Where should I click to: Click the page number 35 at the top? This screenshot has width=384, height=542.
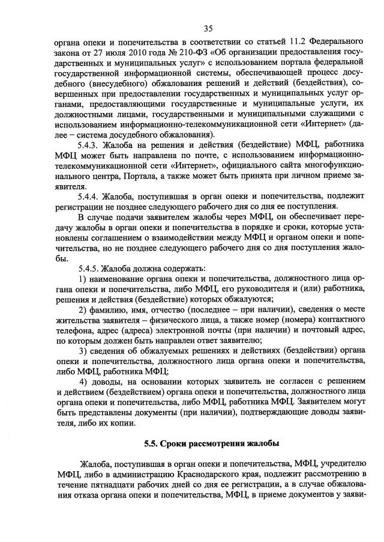(x=208, y=28)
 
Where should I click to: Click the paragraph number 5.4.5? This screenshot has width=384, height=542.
(x=89, y=267)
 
